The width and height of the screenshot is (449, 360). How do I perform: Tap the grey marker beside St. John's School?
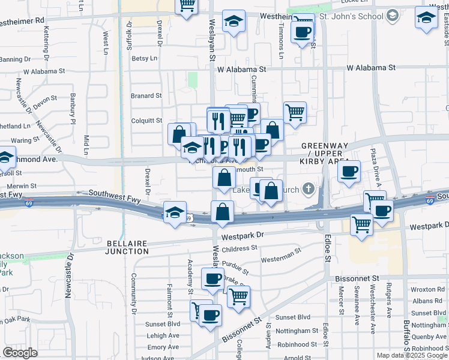click(x=393, y=14)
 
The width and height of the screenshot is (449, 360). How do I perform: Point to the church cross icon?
click(x=309, y=190)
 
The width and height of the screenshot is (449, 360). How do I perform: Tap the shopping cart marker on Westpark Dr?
click(x=361, y=224)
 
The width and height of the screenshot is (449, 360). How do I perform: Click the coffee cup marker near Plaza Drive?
click(x=349, y=172)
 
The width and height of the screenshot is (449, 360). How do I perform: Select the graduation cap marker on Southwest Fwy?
click(x=175, y=213)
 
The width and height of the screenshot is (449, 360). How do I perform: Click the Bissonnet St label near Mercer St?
click(x=358, y=278)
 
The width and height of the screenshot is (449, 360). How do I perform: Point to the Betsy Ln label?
click(x=144, y=58)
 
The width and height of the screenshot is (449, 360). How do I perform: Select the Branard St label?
click(x=146, y=95)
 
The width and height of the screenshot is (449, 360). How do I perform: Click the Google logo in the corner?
click(x=19, y=353)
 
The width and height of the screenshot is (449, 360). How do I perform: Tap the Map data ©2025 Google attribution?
click(x=412, y=355)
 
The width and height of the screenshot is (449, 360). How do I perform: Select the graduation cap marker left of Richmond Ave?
click(x=6, y=157)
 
